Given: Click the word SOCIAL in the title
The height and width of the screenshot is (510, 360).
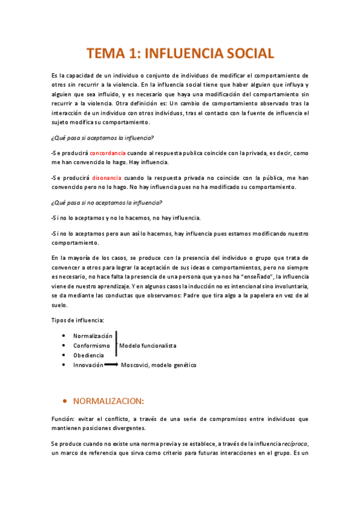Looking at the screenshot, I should coord(244,53).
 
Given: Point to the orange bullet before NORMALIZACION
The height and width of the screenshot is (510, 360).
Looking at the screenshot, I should coord(64,401).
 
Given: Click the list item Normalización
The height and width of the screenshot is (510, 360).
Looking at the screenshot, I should coord(93,336).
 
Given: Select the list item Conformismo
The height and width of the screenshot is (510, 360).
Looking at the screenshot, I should coord(91,346).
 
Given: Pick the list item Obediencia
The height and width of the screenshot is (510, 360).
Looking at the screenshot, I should coord(88,355).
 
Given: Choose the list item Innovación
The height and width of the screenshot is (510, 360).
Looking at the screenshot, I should coord(88,365).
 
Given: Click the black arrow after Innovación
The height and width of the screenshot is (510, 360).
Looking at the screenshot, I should coord(111,365).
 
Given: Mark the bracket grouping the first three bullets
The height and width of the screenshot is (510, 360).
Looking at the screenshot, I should coord(116,345).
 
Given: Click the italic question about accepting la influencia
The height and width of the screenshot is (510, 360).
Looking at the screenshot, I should coord(102,137).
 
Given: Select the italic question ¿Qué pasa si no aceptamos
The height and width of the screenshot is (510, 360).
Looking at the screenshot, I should coord(106,203).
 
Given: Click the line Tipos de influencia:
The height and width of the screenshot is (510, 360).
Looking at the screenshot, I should coord(78,321).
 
